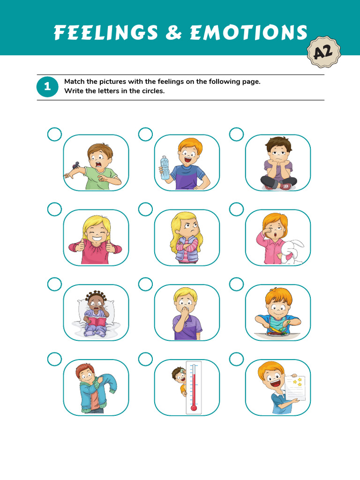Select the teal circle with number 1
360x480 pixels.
(x=47, y=87)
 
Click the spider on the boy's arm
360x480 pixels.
(x=75, y=165)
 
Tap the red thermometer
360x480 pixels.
(x=194, y=387)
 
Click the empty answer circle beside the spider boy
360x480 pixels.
(x=54, y=135)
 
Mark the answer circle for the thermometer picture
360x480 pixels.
(x=145, y=360)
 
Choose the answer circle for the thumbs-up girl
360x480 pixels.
(x=54, y=210)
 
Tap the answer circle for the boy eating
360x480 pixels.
(x=236, y=284)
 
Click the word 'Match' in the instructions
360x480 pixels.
(x=74, y=82)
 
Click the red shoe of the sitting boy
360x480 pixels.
(x=286, y=186)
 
